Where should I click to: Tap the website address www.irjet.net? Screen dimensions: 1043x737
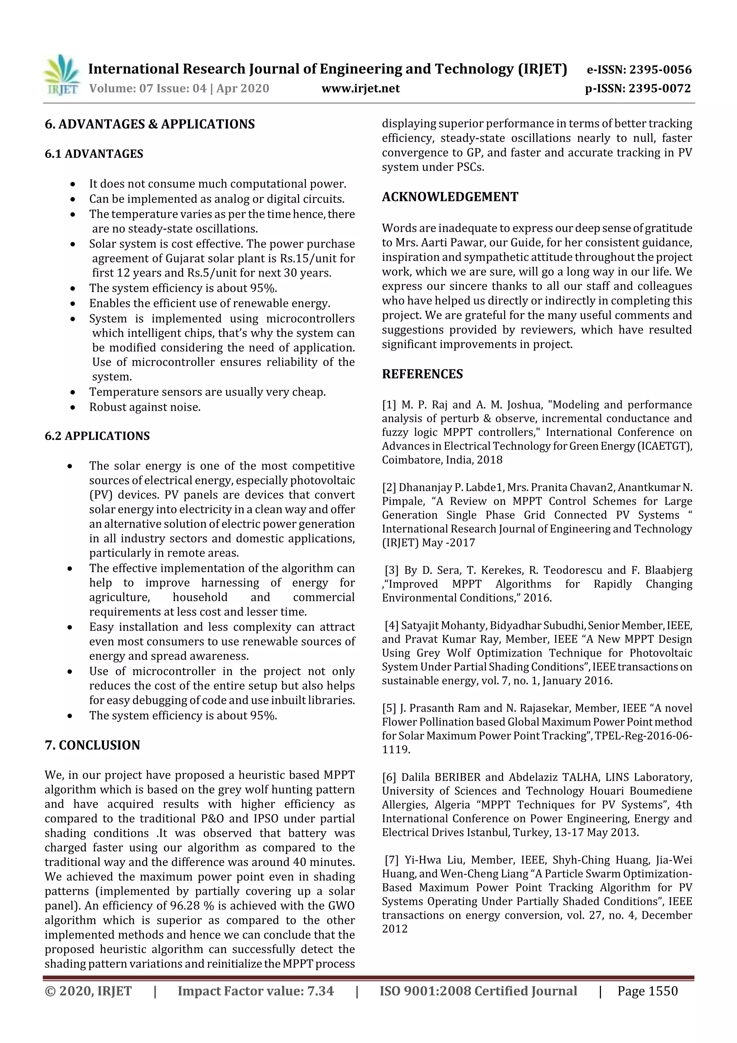pos(361,88)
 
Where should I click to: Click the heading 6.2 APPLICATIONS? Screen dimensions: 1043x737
pos(97,436)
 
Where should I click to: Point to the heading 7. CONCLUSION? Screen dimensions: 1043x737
pos(92,745)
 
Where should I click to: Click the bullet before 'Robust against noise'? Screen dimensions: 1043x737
pos(73,407)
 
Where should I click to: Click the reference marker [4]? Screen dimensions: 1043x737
pos(392,625)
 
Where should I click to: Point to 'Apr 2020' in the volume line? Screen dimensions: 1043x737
pos(243,88)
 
